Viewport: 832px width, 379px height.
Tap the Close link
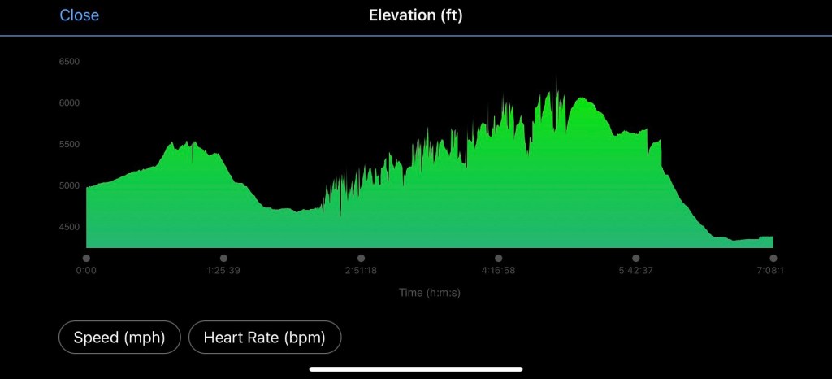(x=79, y=15)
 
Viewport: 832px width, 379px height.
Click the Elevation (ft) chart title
(x=415, y=15)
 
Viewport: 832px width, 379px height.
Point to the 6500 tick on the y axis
(x=69, y=62)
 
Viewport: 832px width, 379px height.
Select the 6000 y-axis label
(x=69, y=103)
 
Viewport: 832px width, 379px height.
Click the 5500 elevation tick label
(x=69, y=145)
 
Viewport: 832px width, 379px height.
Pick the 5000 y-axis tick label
(x=69, y=186)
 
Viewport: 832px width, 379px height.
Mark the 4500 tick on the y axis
(x=69, y=228)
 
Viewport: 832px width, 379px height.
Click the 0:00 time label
(x=86, y=271)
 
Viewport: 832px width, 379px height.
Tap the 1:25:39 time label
(x=223, y=271)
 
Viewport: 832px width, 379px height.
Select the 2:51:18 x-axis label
(x=361, y=271)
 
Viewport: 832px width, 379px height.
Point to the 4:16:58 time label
(x=498, y=271)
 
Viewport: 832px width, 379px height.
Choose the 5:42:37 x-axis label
(x=635, y=271)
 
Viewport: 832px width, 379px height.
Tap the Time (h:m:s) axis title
(x=430, y=293)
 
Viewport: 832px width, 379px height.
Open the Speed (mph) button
(x=119, y=338)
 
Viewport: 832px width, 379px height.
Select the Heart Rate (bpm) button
(x=264, y=338)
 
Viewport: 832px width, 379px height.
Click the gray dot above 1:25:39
(x=223, y=258)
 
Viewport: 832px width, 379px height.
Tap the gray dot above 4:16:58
(x=498, y=258)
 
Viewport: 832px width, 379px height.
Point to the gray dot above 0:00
(x=86, y=258)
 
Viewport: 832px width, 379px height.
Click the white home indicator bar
(x=416, y=368)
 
